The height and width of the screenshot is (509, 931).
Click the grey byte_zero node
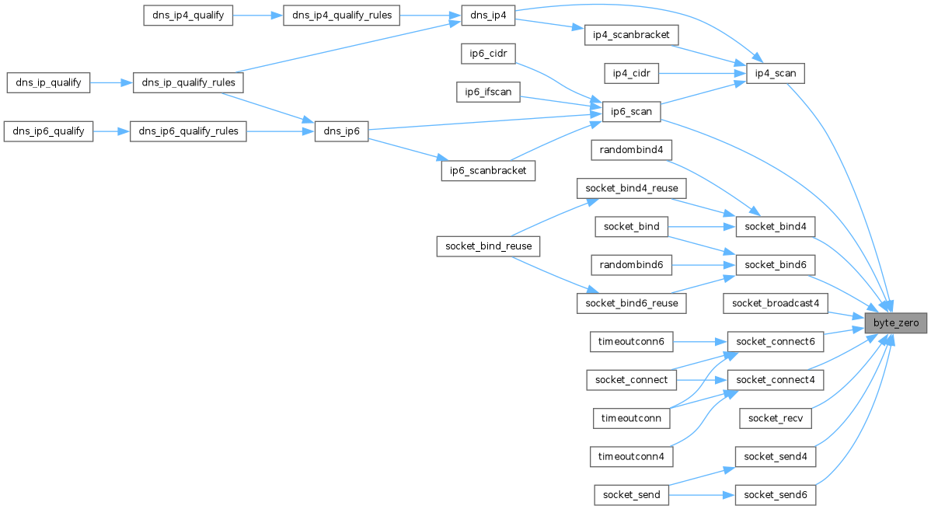click(896, 322)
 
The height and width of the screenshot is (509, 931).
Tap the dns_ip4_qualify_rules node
click(341, 16)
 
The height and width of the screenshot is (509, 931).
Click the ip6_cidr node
click(489, 54)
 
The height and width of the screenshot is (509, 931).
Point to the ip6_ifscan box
click(488, 92)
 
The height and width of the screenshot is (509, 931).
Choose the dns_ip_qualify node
click(48, 82)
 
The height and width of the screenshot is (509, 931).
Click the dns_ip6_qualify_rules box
click(188, 131)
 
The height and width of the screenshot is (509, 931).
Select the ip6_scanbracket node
click(489, 170)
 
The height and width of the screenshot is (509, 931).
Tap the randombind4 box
click(630, 149)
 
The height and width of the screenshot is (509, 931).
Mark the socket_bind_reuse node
click(489, 246)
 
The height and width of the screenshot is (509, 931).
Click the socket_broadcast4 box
click(776, 302)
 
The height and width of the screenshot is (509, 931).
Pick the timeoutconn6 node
click(630, 340)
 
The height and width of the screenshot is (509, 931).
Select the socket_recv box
click(776, 417)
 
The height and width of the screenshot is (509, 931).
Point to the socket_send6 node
click(776, 494)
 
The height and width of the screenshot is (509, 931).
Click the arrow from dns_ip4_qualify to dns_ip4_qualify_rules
click(258, 16)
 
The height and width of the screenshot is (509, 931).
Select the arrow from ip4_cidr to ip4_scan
click(703, 74)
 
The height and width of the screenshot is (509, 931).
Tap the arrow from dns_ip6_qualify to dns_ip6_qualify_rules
click(111, 131)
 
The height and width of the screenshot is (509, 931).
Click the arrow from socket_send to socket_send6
click(695, 494)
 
